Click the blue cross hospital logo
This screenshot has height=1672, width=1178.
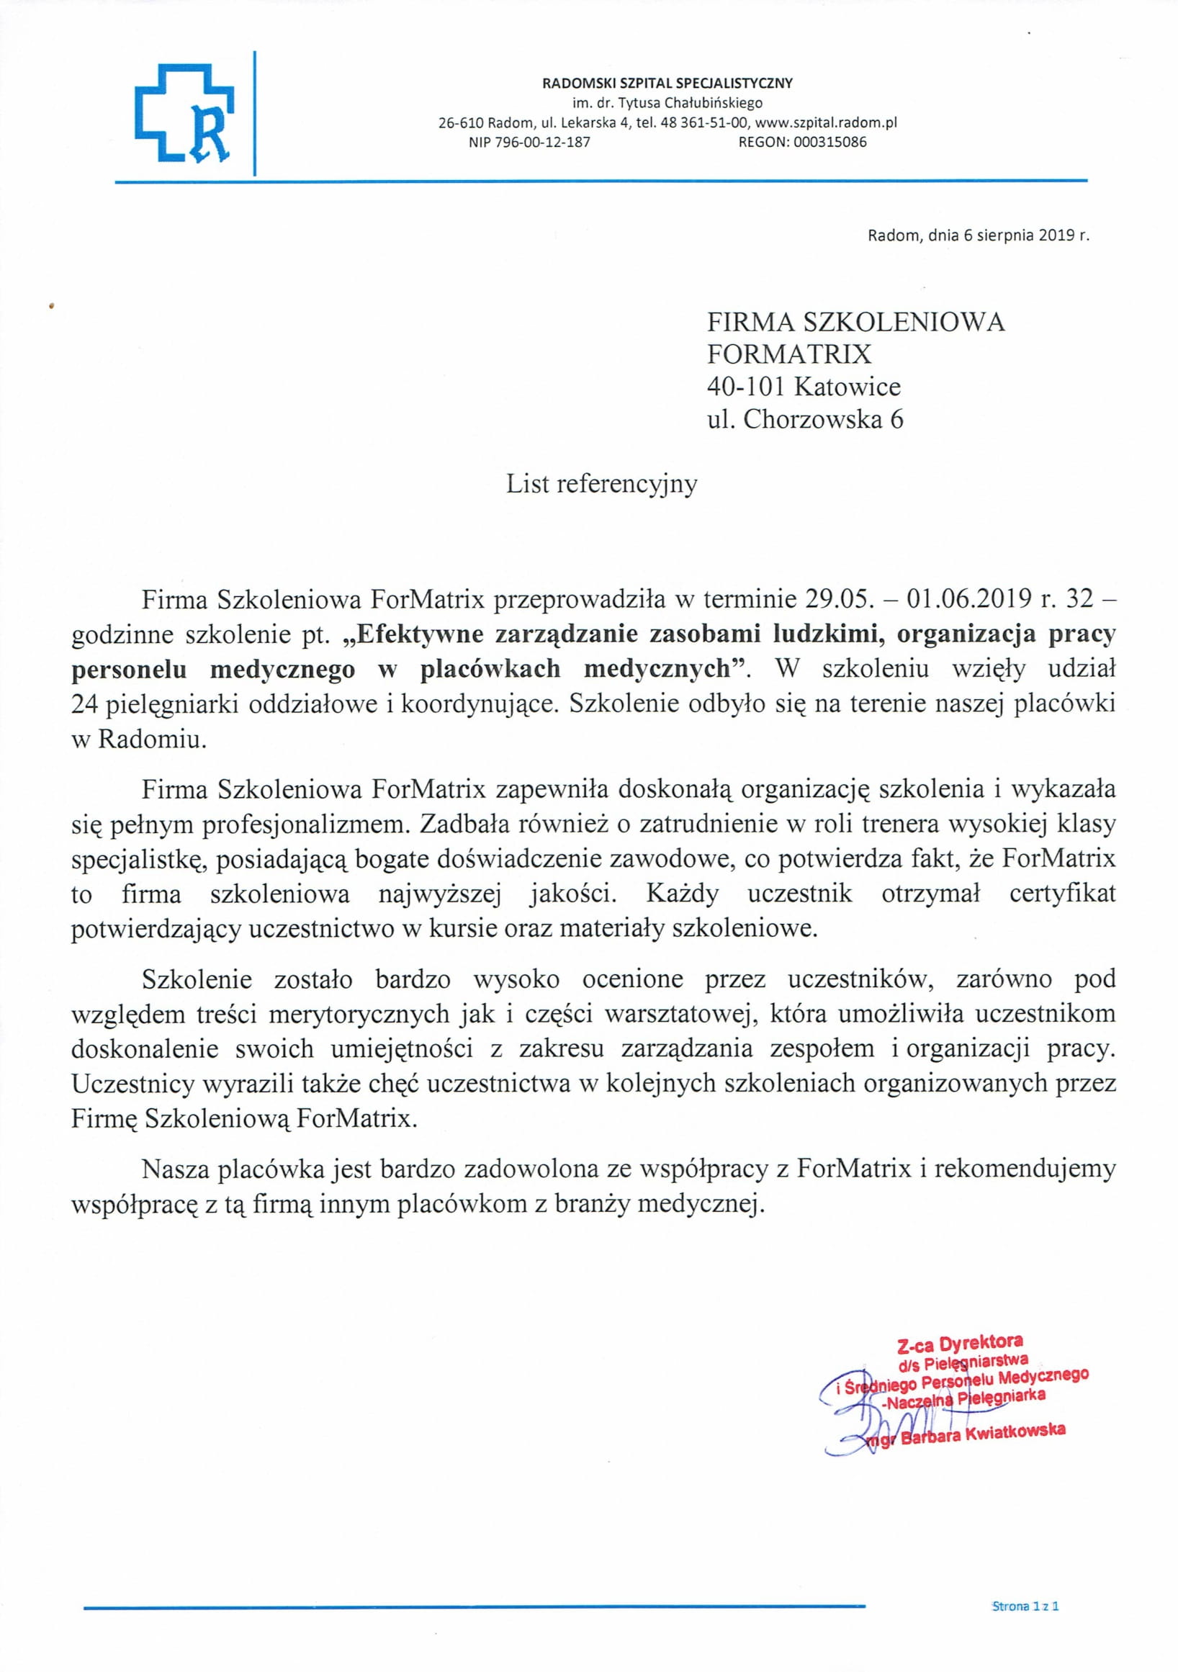pos(185,113)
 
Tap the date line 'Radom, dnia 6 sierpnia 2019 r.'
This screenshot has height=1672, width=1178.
pos(978,235)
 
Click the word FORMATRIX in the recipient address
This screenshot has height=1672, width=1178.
pos(789,354)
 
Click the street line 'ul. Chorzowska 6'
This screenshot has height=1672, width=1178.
pos(805,420)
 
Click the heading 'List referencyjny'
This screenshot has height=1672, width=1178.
pos(601,485)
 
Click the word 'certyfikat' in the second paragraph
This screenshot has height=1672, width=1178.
pos(1062,894)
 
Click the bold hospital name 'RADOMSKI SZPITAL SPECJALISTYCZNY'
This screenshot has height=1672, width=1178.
pos(667,83)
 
